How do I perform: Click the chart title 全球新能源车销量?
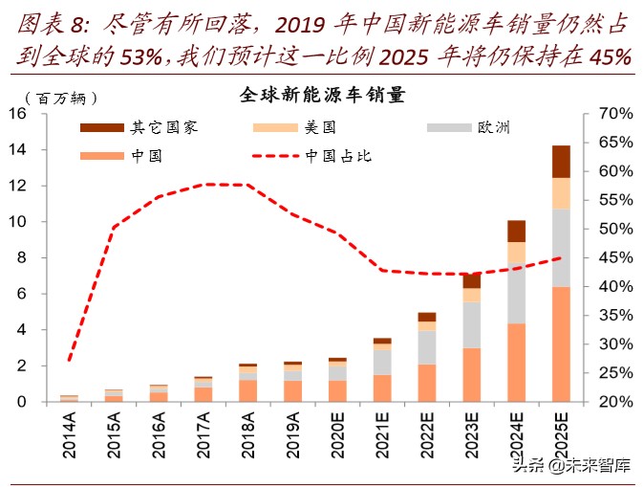322,96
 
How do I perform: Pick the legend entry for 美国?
320,127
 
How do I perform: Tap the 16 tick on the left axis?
17,114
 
